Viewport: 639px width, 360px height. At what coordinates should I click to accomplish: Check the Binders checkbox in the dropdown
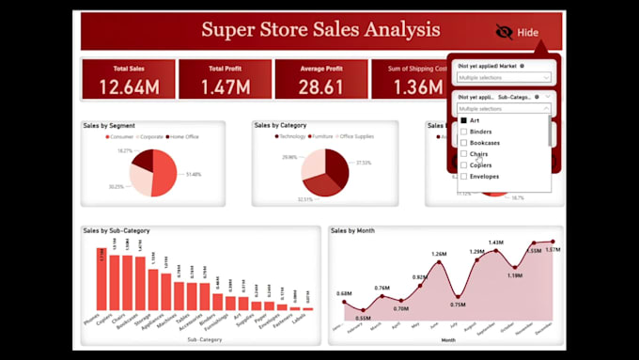(x=463, y=132)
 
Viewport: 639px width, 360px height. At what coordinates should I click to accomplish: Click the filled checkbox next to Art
(x=463, y=120)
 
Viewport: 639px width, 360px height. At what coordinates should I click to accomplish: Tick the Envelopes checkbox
(x=463, y=176)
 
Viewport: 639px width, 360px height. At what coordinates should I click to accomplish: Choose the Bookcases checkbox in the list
(x=463, y=143)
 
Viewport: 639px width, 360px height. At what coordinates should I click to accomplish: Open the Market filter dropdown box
(x=504, y=78)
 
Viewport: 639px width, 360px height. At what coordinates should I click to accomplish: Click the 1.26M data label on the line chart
(x=438, y=255)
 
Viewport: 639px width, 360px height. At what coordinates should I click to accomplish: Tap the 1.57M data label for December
(x=552, y=250)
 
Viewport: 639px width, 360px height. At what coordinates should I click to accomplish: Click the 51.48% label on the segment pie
(x=195, y=175)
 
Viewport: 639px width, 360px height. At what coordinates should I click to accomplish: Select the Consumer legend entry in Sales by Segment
(x=122, y=137)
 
